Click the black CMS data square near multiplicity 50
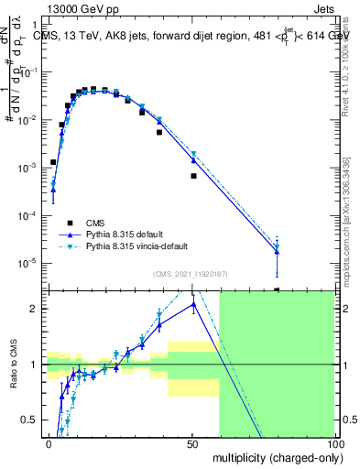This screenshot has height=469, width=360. tap(193, 175)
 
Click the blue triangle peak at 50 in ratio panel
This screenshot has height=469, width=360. tap(193, 304)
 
